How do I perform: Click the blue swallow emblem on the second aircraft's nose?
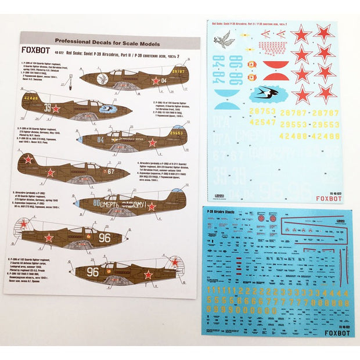click(108, 108)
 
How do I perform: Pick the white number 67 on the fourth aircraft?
click(110, 171)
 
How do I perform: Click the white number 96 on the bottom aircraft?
click(92, 271)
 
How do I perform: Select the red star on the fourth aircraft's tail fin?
click(28, 159)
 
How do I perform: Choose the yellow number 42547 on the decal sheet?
click(262, 122)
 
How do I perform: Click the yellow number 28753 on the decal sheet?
click(262, 111)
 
